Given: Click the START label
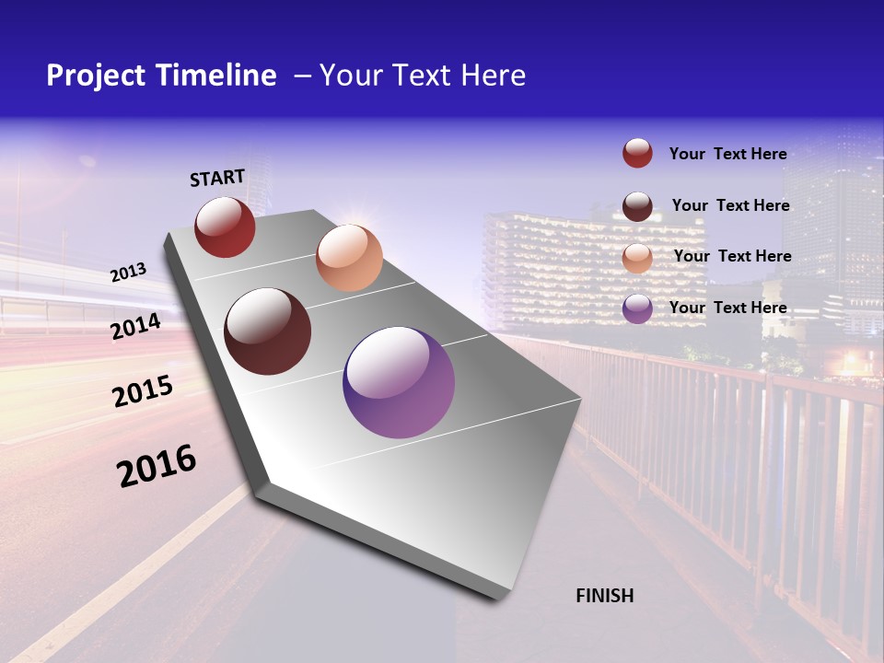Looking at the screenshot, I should point(217,178).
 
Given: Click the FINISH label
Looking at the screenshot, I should point(605,596).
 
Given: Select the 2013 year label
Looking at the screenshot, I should point(129,273).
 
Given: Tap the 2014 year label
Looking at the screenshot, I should point(136,326).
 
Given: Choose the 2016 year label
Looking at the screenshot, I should point(157,466).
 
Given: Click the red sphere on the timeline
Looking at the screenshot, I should point(225,227).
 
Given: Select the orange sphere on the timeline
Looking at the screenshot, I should point(349,257).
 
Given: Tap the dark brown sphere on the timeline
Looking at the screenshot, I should point(267,331).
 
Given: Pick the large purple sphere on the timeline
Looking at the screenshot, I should point(399,382).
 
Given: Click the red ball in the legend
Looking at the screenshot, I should point(637,153).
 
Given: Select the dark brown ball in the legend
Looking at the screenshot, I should point(637,205).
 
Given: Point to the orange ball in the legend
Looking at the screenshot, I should point(637,257).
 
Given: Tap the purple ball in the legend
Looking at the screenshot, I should point(637,308).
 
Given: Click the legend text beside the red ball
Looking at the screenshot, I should point(727,154).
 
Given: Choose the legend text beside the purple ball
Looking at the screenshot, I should point(727,308).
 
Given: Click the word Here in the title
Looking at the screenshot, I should point(494,76).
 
